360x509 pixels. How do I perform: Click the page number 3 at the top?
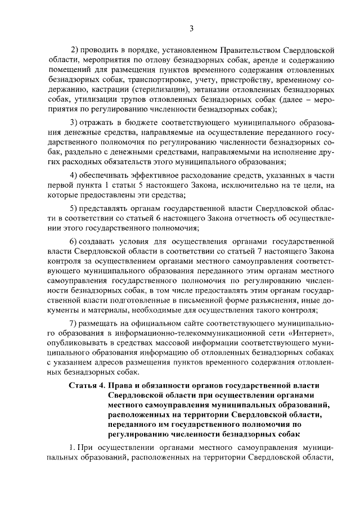[191, 29]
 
